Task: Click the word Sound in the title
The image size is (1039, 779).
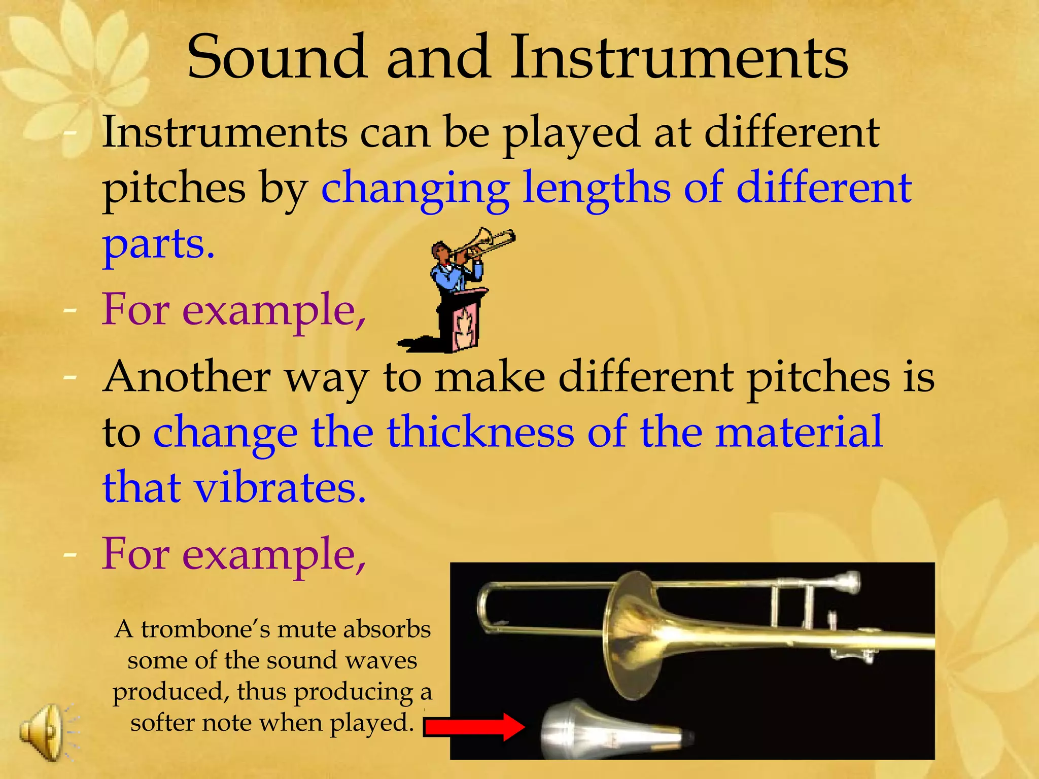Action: tap(276, 57)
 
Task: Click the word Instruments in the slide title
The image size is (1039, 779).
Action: tap(679, 57)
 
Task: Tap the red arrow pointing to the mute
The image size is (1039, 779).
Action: tap(474, 727)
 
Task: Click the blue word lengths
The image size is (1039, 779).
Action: tap(597, 188)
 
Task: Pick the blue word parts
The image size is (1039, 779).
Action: tap(158, 244)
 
